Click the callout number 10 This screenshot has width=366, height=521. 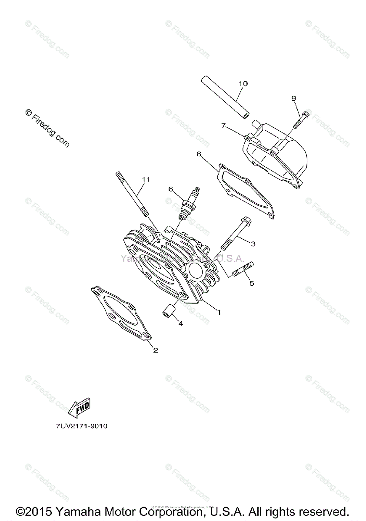(x=243, y=83)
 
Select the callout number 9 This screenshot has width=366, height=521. (x=294, y=98)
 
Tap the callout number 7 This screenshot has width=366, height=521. (x=223, y=126)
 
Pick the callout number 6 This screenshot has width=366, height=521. (x=171, y=189)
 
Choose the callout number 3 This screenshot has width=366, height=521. (x=253, y=244)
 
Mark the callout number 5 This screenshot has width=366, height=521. (x=251, y=283)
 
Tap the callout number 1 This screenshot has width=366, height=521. (x=219, y=312)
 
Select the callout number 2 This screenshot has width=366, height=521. (x=155, y=350)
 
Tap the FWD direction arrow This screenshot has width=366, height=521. (x=79, y=407)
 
